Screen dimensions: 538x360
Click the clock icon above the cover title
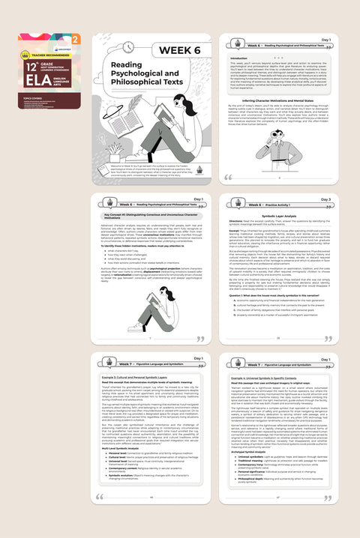point(108,47)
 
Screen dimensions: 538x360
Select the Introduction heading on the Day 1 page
point(240,58)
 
